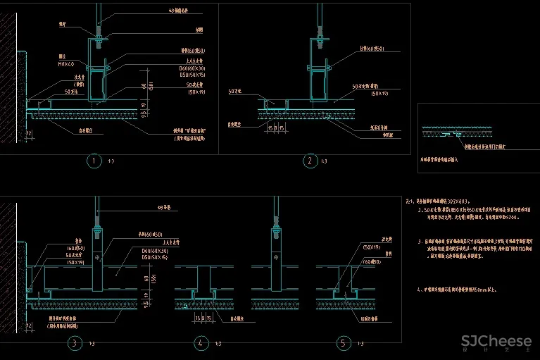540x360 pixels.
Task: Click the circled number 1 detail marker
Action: (x=94, y=161)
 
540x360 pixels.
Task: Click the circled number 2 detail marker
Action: (x=310, y=161)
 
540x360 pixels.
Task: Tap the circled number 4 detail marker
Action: (x=201, y=343)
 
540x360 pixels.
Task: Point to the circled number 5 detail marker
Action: (x=343, y=343)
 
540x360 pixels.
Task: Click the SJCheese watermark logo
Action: (x=496, y=342)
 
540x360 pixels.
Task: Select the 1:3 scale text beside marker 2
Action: (x=324, y=162)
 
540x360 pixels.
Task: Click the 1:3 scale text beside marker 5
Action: (x=358, y=344)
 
